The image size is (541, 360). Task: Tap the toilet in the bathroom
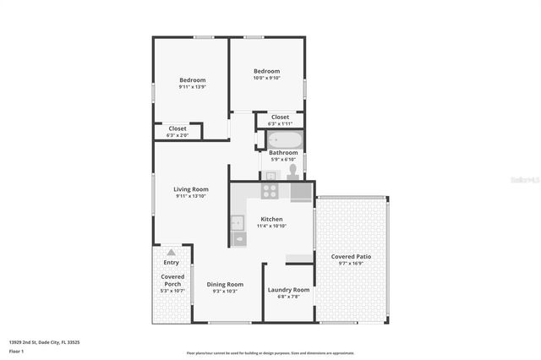click(292, 171)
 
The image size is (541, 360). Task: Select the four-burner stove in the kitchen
click(270, 191)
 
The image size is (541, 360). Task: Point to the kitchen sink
click(238, 224)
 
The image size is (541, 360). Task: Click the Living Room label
click(191, 189)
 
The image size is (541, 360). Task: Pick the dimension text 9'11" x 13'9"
click(193, 87)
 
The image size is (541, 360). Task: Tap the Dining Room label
click(225, 284)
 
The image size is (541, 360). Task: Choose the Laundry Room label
click(288, 290)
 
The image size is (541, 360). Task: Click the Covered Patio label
click(351, 256)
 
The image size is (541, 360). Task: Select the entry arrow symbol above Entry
click(172, 252)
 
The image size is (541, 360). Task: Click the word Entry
click(172, 263)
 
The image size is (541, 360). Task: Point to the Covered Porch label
click(172, 280)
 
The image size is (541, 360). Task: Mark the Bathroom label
click(283, 153)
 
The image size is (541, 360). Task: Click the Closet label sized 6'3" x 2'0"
click(178, 128)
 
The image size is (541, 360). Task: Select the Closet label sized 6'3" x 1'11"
click(280, 117)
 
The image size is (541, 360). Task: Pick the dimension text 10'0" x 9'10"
click(266, 79)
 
